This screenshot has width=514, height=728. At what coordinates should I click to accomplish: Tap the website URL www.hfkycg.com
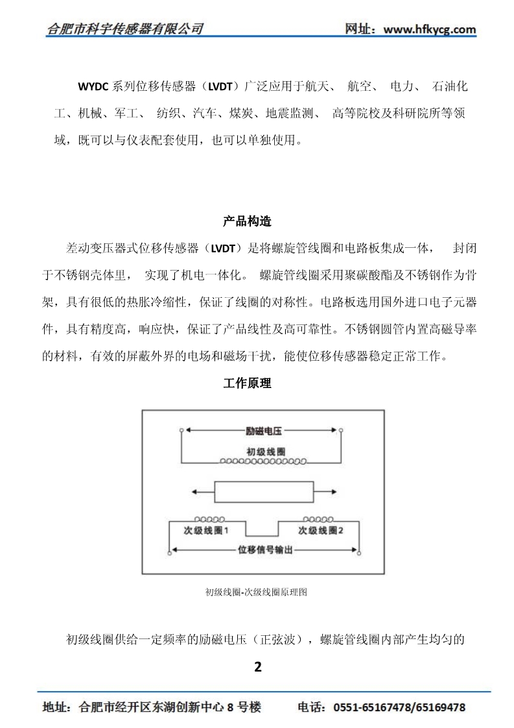pyautogui.click(x=430, y=29)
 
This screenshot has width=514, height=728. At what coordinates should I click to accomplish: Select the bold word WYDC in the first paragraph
pyautogui.click(x=94, y=86)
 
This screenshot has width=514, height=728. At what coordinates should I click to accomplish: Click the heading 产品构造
pyautogui.click(x=247, y=221)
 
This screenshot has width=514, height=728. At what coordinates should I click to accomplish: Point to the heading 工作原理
pyautogui.click(x=247, y=383)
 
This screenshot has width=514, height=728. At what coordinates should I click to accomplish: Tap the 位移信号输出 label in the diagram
pyautogui.click(x=263, y=550)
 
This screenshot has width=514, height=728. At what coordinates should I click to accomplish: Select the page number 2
pyautogui.click(x=257, y=666)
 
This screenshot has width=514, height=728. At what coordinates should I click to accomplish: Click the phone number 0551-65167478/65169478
pyautogui.click(x=399, y=707)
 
